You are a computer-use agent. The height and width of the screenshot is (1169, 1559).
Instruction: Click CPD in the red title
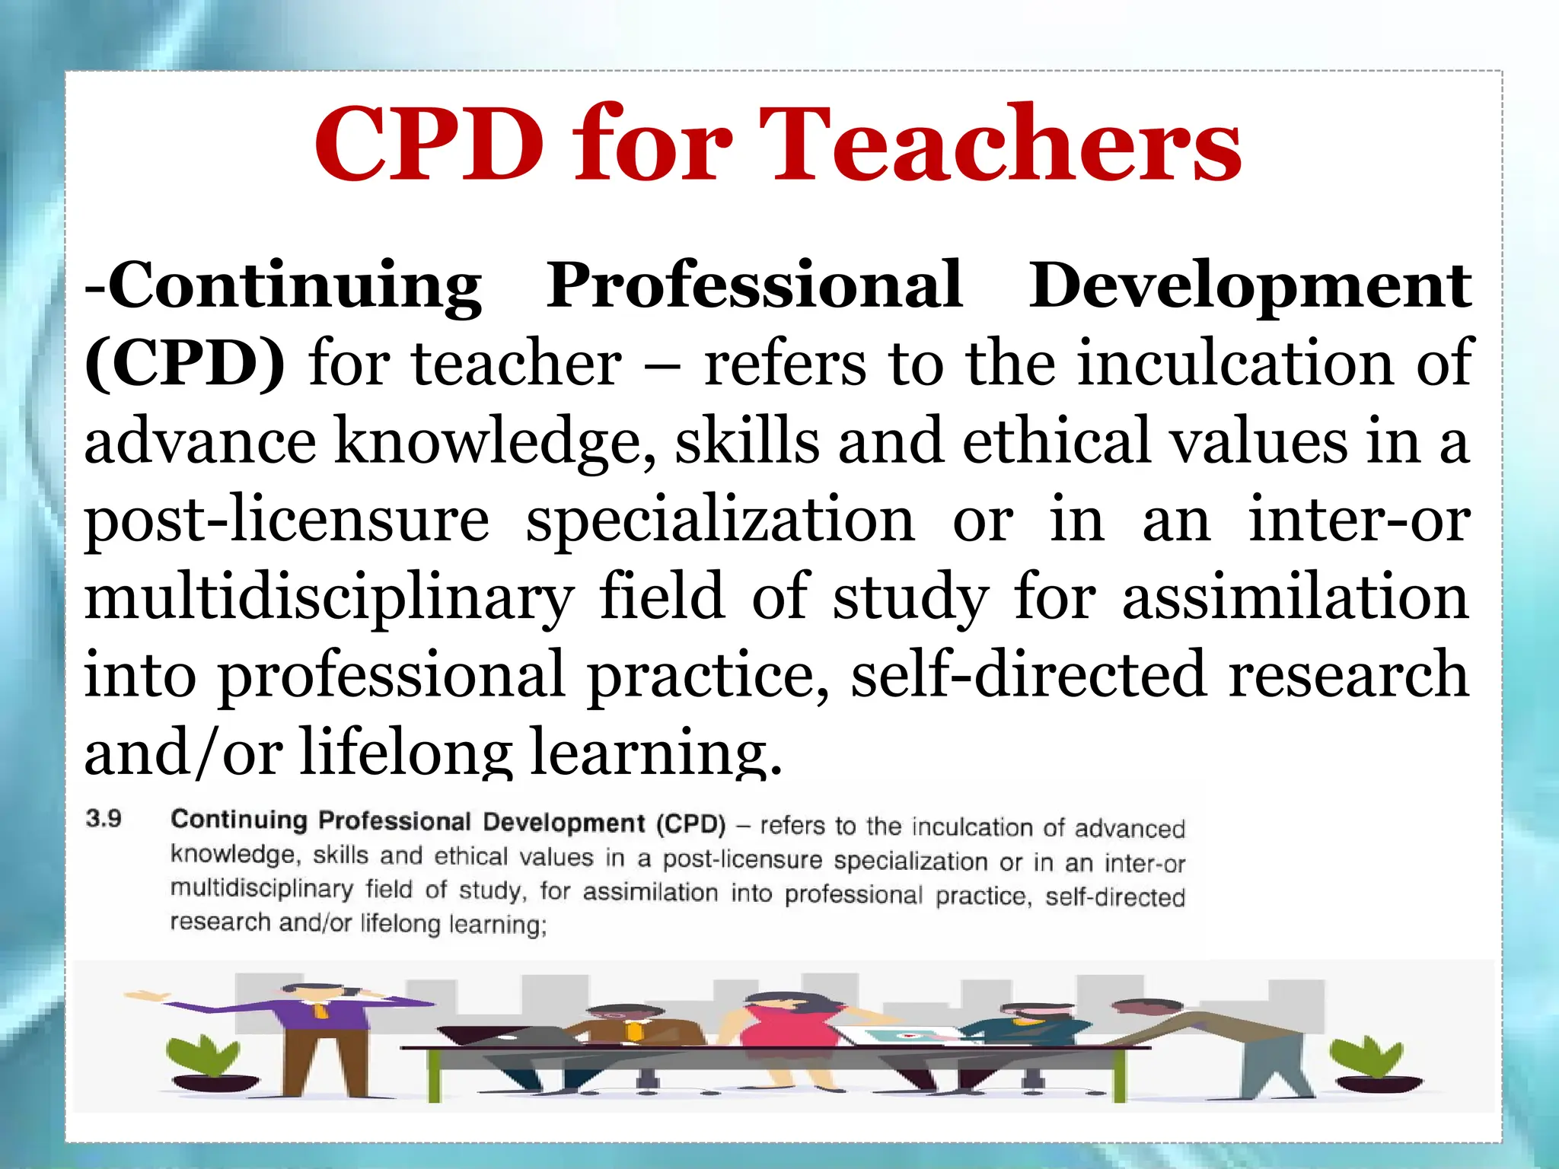(430, 145)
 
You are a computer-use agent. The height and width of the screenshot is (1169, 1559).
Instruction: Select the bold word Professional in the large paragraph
(754, 285)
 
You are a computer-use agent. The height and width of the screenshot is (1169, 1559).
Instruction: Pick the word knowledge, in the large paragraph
(495, 442)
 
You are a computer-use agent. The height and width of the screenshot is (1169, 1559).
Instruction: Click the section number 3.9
(104, 819)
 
